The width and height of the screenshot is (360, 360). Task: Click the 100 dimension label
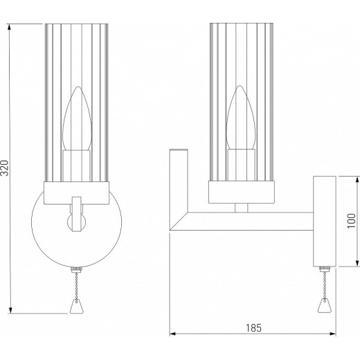351,220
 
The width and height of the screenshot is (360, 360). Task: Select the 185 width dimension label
253,328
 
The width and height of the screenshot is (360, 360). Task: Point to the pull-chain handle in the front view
75,305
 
